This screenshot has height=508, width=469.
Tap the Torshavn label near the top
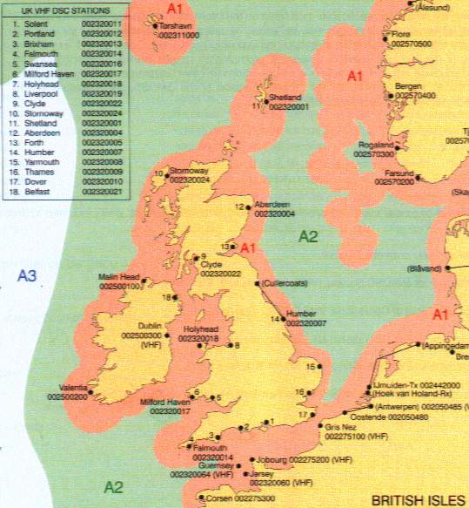click(175, 26)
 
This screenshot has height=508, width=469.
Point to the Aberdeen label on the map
click(273, 205)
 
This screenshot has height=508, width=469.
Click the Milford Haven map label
click(165, 403)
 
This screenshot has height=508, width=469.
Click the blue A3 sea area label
click(27, 276)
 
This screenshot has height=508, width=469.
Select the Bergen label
click(408, 86)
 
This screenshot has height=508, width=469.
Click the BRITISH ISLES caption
click(416, 500)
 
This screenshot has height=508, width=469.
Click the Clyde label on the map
click(211, 264)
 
